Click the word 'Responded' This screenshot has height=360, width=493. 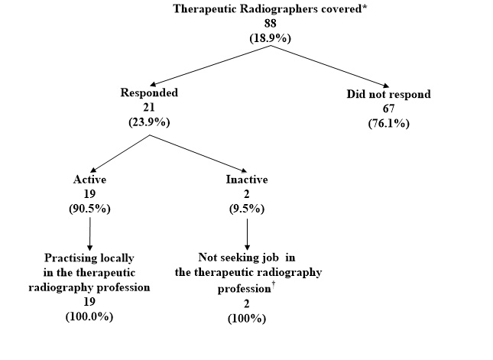pyautogui.click(x=148, y=93)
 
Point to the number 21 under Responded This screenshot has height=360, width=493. pyautogui.click(x=148, y=107)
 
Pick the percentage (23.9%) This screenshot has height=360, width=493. pyautogui.click(x=148, y=121)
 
